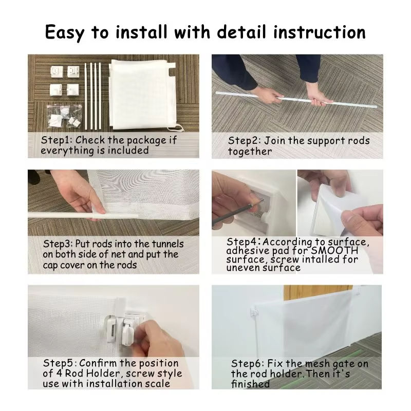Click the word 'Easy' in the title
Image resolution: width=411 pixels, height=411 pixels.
click(65, 33)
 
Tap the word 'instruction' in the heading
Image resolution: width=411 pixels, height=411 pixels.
click(319, 32)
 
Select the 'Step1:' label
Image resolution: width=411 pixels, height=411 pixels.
click(57, 140)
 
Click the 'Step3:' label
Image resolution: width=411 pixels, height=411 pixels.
click(58, 244)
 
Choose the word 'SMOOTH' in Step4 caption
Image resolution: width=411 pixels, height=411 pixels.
click(334, 251)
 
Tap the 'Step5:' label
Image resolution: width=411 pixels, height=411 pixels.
click(60, 363)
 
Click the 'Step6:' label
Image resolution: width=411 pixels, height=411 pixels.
click(248, 364)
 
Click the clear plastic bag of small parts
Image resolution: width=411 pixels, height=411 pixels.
click(64, 116)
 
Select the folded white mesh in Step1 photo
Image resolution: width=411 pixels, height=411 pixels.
click(143, 95)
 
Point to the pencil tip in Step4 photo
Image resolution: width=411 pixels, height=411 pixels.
click(262, 200)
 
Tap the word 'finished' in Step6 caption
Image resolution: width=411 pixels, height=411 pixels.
click(250, 384)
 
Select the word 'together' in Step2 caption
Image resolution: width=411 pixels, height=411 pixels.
click(250, 152)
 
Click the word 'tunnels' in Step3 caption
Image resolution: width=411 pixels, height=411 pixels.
click(168, 244)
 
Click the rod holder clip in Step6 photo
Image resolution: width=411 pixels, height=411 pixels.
click(253, 311)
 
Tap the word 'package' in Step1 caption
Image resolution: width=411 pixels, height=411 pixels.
click(146, 140)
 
